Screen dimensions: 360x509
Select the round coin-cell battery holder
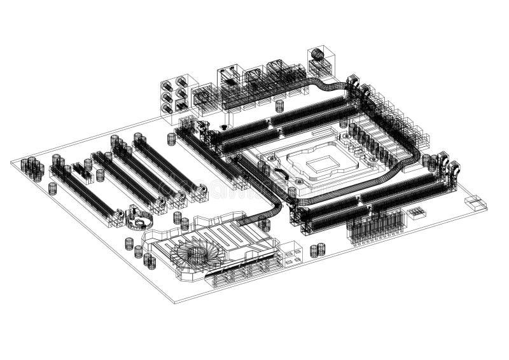click(139, 218)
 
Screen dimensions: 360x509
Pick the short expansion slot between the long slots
click(82, 170)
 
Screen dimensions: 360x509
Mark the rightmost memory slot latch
click(454, 168)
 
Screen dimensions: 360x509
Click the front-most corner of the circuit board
click(176, 303)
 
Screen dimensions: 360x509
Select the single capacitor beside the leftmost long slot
click(53, 188)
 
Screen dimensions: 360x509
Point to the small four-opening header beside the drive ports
click(290, 254)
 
